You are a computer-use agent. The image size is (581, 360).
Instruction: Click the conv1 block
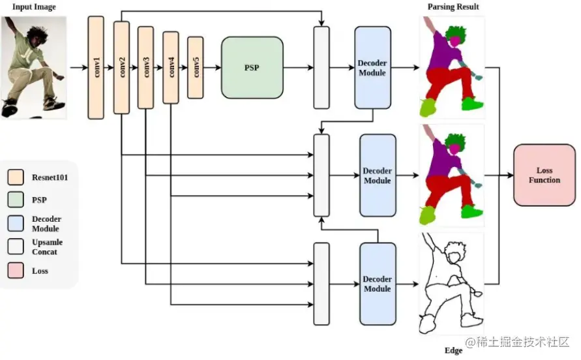tap(95, 68)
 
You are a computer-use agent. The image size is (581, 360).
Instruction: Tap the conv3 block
tap(145, 68)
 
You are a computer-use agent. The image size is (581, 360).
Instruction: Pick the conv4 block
tap(171, 68)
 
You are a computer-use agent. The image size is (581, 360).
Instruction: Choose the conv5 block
tap(196, 68)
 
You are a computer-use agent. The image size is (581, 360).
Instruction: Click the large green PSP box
tap(252, 68)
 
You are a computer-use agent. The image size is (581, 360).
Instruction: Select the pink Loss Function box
tap(544, 175)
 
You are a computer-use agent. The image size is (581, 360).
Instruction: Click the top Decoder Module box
tap(372, 68)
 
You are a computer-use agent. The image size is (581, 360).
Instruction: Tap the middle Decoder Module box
tap(378, 175)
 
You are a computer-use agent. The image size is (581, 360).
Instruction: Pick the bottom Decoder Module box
tap(378, 284)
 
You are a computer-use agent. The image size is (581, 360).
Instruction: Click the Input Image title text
tap(35, 7)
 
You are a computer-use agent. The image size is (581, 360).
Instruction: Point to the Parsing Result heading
tap(453, 7)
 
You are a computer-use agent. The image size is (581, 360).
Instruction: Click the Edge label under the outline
tap(453, 351)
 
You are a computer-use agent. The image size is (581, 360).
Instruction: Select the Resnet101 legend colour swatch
tap(16, 177)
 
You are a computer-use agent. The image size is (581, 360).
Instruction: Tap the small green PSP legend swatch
tap(16, 201)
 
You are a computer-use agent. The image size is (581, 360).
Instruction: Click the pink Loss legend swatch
tap(16, 271)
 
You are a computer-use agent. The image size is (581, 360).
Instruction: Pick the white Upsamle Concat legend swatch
tap(16, 247)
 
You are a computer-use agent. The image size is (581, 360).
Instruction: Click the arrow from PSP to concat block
tap(299, 68)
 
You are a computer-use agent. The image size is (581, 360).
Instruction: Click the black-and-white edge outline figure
tap(451, 284)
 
